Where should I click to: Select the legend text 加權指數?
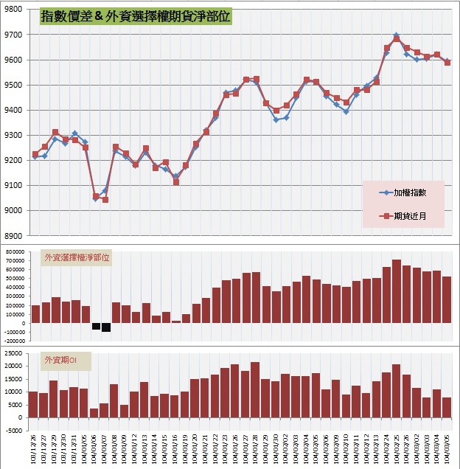click(414, 192)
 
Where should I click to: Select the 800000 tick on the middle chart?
click(15, 251)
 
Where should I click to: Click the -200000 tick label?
click(14, 341)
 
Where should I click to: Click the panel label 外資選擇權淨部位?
click(77, 258)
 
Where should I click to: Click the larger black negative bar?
click(106, 327)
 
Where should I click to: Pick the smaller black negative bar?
click(96, 326)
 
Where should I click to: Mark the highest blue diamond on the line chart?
click(396, 35)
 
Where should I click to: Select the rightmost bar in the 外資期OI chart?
click(447, 407)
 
